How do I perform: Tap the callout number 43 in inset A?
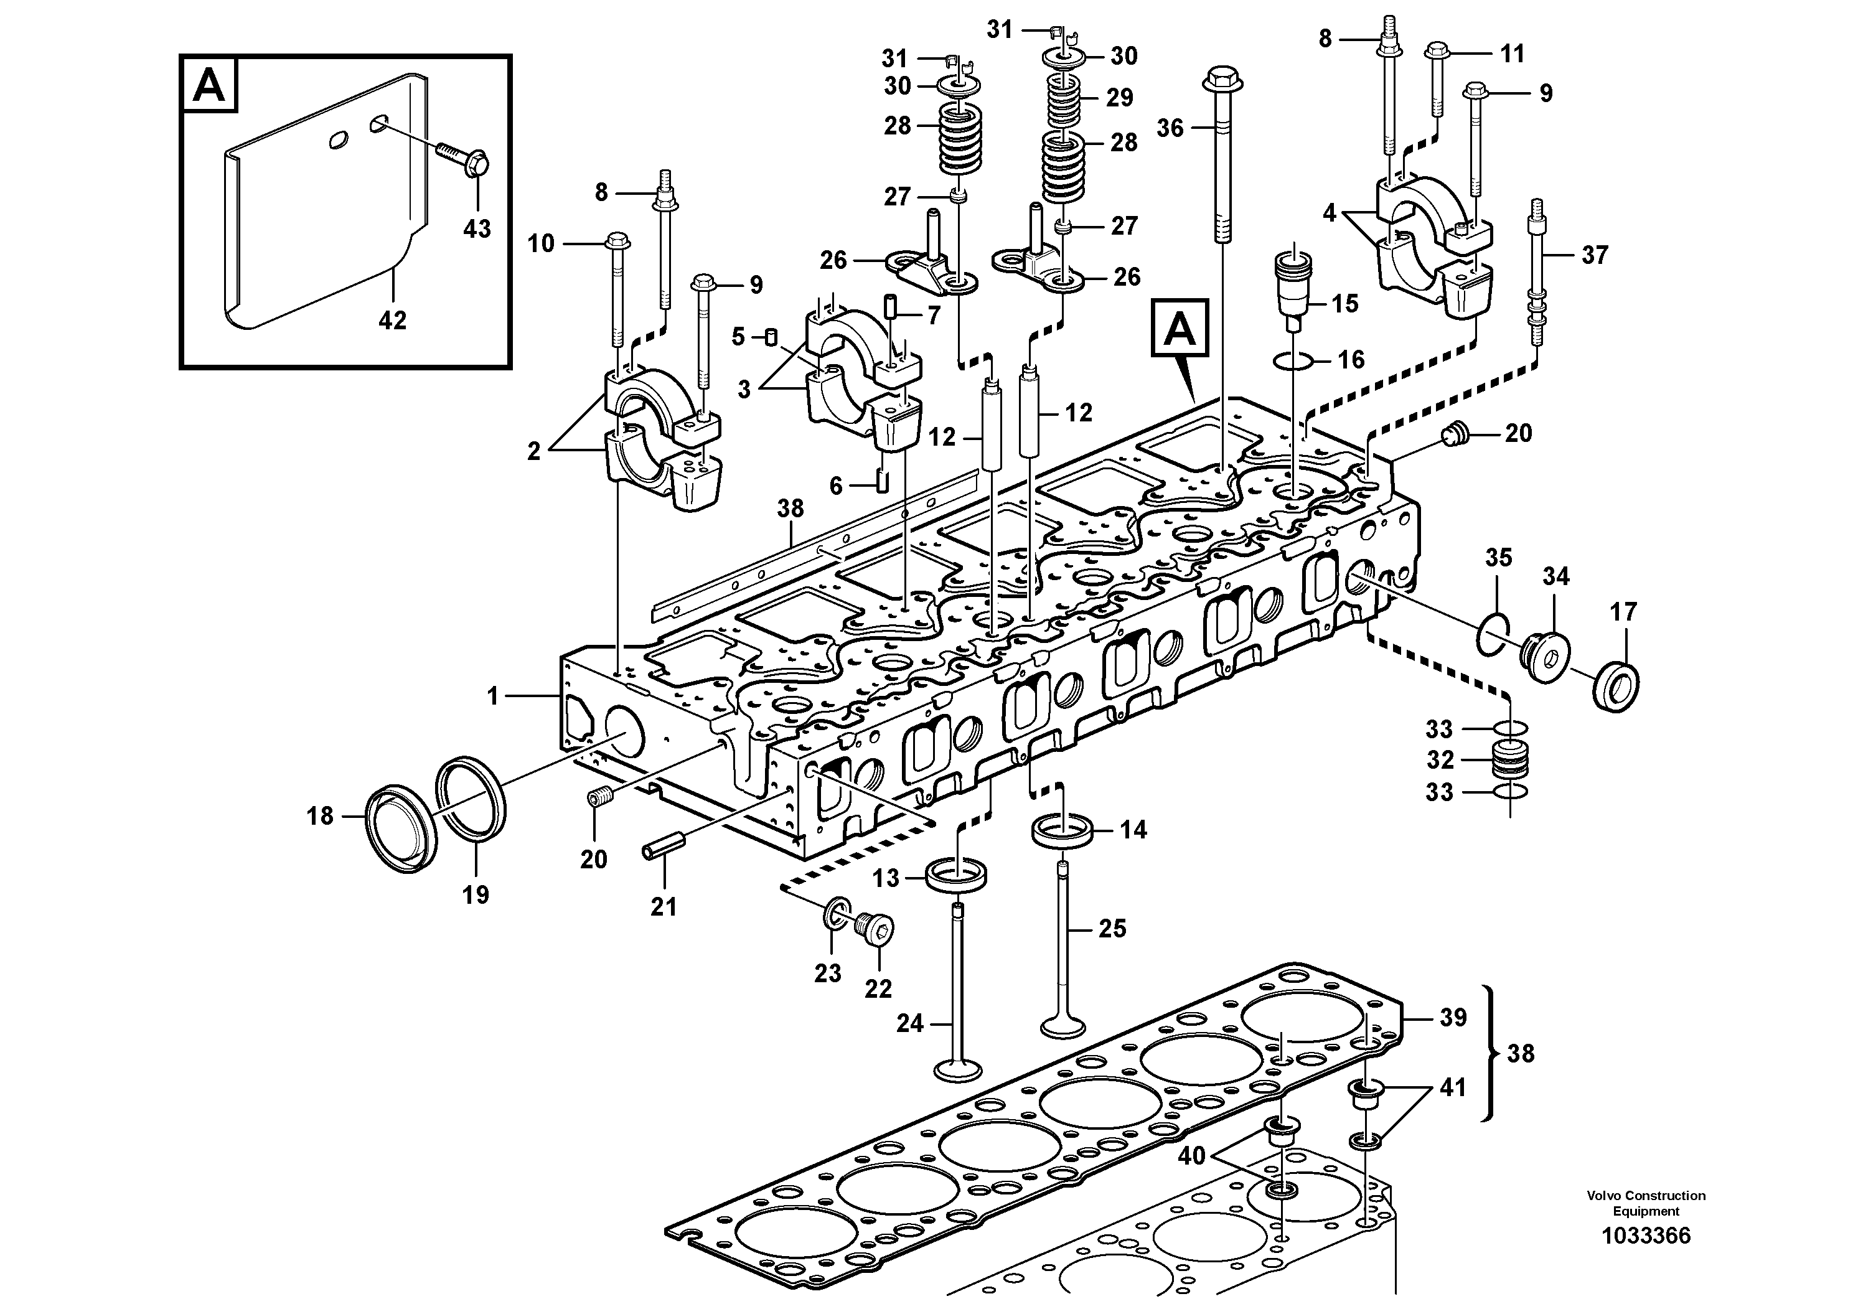click(x=476, y=228)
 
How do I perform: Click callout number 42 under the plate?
click(x=392, y=321)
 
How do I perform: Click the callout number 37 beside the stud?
click(x=1594, y=255)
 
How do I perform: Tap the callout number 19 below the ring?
click(x=476, y=894)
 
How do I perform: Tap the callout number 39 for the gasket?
click(x=1453, y=1018)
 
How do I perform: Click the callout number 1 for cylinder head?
click(x=494, y=696)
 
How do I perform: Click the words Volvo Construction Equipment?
click(x=1646, y=1203)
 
